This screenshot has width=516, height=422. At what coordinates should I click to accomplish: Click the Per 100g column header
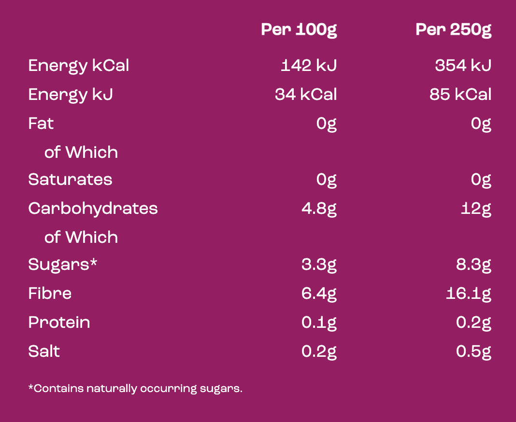299,30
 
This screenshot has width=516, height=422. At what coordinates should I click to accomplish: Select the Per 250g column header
453,30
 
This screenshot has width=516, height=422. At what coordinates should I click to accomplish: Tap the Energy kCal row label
79,66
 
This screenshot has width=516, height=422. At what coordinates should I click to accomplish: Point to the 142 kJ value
308,66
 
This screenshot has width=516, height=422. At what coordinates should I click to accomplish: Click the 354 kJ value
463,66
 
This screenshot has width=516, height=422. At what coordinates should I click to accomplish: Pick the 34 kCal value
306,95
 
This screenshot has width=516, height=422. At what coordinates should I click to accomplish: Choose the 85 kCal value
460,95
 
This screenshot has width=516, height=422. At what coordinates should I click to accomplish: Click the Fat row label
41,124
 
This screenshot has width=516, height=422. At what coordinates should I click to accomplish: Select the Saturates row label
70,180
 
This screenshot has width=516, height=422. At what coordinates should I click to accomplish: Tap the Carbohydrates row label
93,209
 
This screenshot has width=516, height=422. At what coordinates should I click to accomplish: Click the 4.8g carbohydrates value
319,209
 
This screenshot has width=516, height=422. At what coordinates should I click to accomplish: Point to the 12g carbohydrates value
476,209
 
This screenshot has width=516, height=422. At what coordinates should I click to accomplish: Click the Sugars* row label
63,265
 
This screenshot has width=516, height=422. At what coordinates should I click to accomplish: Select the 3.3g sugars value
319,265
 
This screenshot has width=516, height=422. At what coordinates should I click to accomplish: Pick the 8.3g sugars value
473,265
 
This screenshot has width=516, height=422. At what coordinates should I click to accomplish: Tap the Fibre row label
50,294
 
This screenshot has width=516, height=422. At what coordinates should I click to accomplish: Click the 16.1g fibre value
469,294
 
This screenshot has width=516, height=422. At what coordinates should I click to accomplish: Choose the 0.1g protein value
319,323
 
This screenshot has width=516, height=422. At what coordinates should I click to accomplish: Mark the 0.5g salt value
473,352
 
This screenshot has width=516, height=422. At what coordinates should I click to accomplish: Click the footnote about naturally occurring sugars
135,388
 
